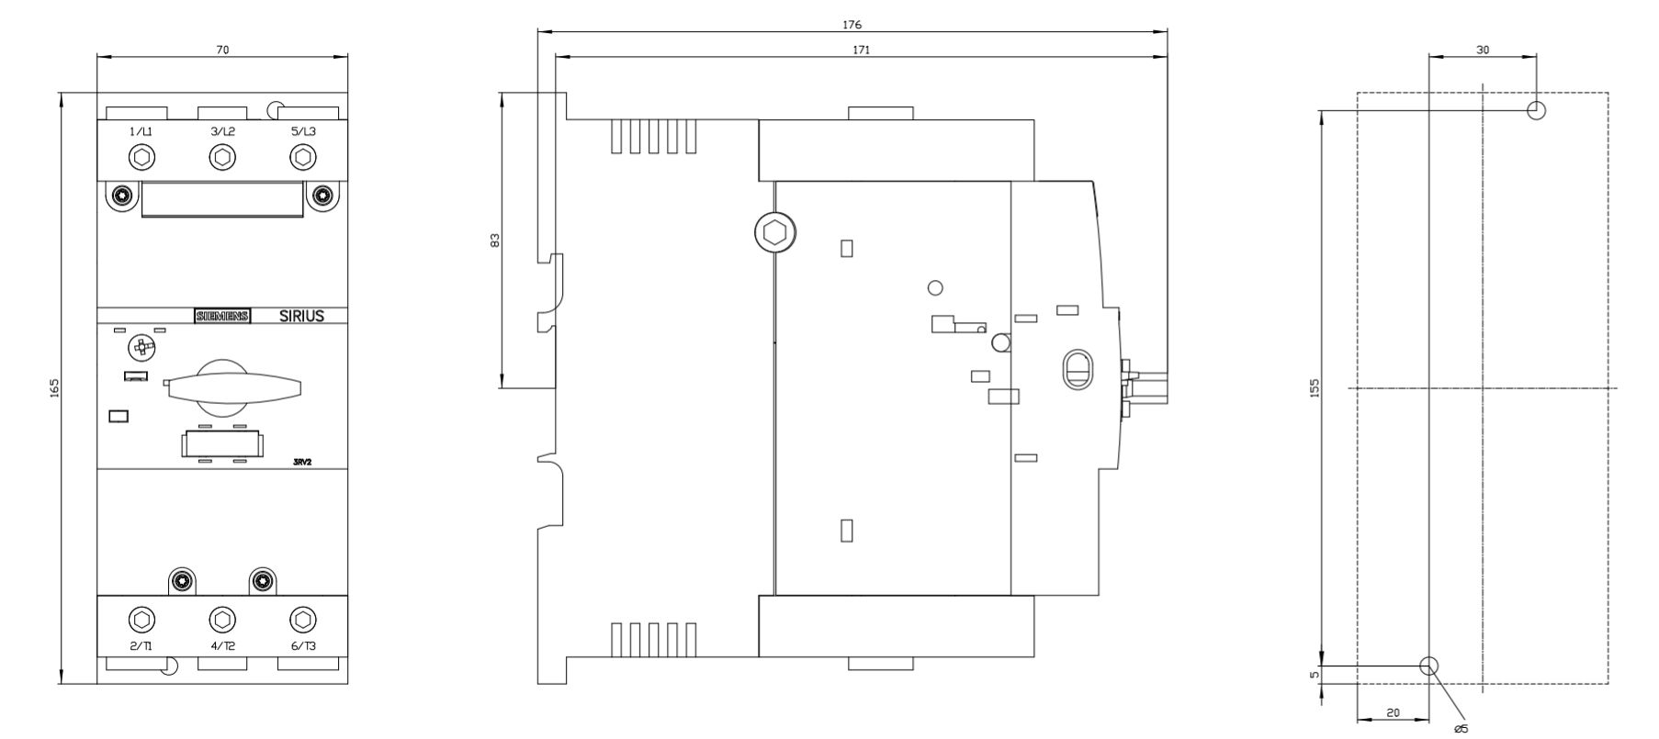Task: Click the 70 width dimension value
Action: pos(222,50)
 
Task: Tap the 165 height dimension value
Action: pos(53,388)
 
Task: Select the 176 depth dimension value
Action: pos(852,25)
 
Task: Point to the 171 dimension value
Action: pos(861,50)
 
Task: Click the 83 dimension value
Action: pos(495,240)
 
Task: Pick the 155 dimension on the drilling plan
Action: pos(1314,388)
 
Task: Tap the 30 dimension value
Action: pos(1483,50)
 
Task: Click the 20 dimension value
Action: pos(1393,712)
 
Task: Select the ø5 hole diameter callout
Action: pos(1461,729)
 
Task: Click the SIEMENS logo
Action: pos(222,316)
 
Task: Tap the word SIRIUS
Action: pos(301,316)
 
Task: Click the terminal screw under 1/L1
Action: pos(141,158)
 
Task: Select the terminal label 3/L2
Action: pos(222,131)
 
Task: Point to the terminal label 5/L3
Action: pos(303,131)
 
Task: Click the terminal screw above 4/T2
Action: pos(222,620)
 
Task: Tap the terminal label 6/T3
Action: pos(303,645)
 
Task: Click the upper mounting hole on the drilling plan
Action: pos(1536,110)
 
